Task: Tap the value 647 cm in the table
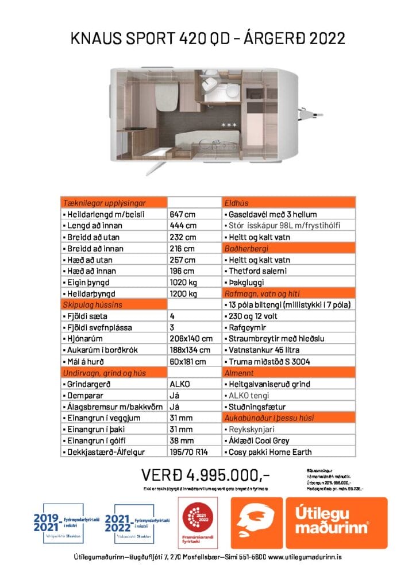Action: point(183,214)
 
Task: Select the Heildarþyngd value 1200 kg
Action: point(184,293)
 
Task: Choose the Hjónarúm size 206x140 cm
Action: point(191,339)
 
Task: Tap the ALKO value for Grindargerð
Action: point(181,384)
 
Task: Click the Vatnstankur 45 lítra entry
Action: point(264,350)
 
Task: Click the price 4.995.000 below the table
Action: point(205,475)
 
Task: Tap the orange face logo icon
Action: point(256,523)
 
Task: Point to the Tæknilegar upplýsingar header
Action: point(104,203)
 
